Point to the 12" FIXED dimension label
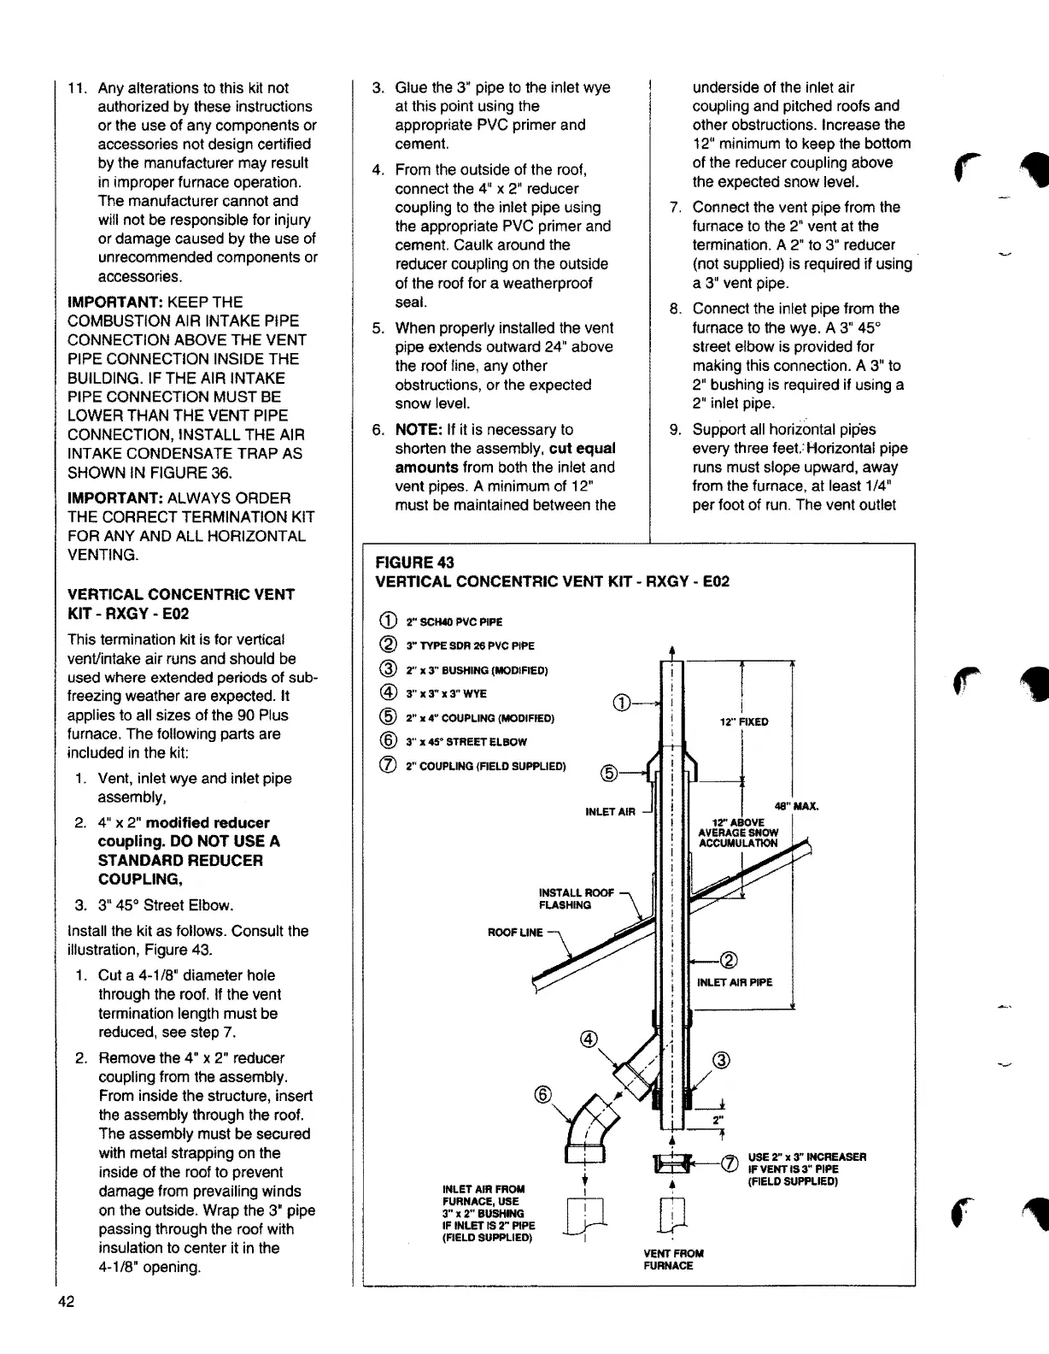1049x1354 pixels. [x=743, y=721]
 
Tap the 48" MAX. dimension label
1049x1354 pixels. [x=797, y=805]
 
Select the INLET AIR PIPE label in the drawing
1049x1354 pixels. [x=735, y=982]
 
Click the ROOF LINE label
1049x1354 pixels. [x=515, y=932]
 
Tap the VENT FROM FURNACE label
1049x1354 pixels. [x=673, y=1259]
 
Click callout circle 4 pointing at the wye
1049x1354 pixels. [x=587, y=1039]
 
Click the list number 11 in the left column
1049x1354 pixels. [x=79, y=88]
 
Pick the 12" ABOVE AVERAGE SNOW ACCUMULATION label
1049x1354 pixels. [x=738, y=833]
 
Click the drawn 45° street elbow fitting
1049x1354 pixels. [x=589, y=1127]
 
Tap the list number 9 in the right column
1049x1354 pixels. [x=674, y=429]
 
